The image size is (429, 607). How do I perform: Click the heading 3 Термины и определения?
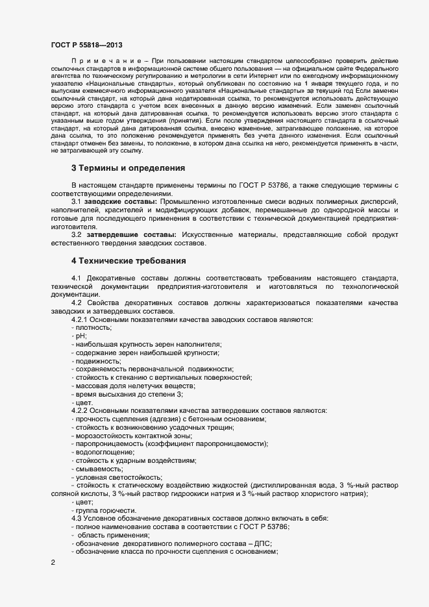(x=128, y=167)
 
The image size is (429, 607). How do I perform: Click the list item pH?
(x=81, y=336)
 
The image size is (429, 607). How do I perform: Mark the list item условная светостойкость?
(x=109, y=477)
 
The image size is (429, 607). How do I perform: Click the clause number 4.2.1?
(x=80, y=319)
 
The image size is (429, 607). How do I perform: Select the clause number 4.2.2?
(x=80, y=410)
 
